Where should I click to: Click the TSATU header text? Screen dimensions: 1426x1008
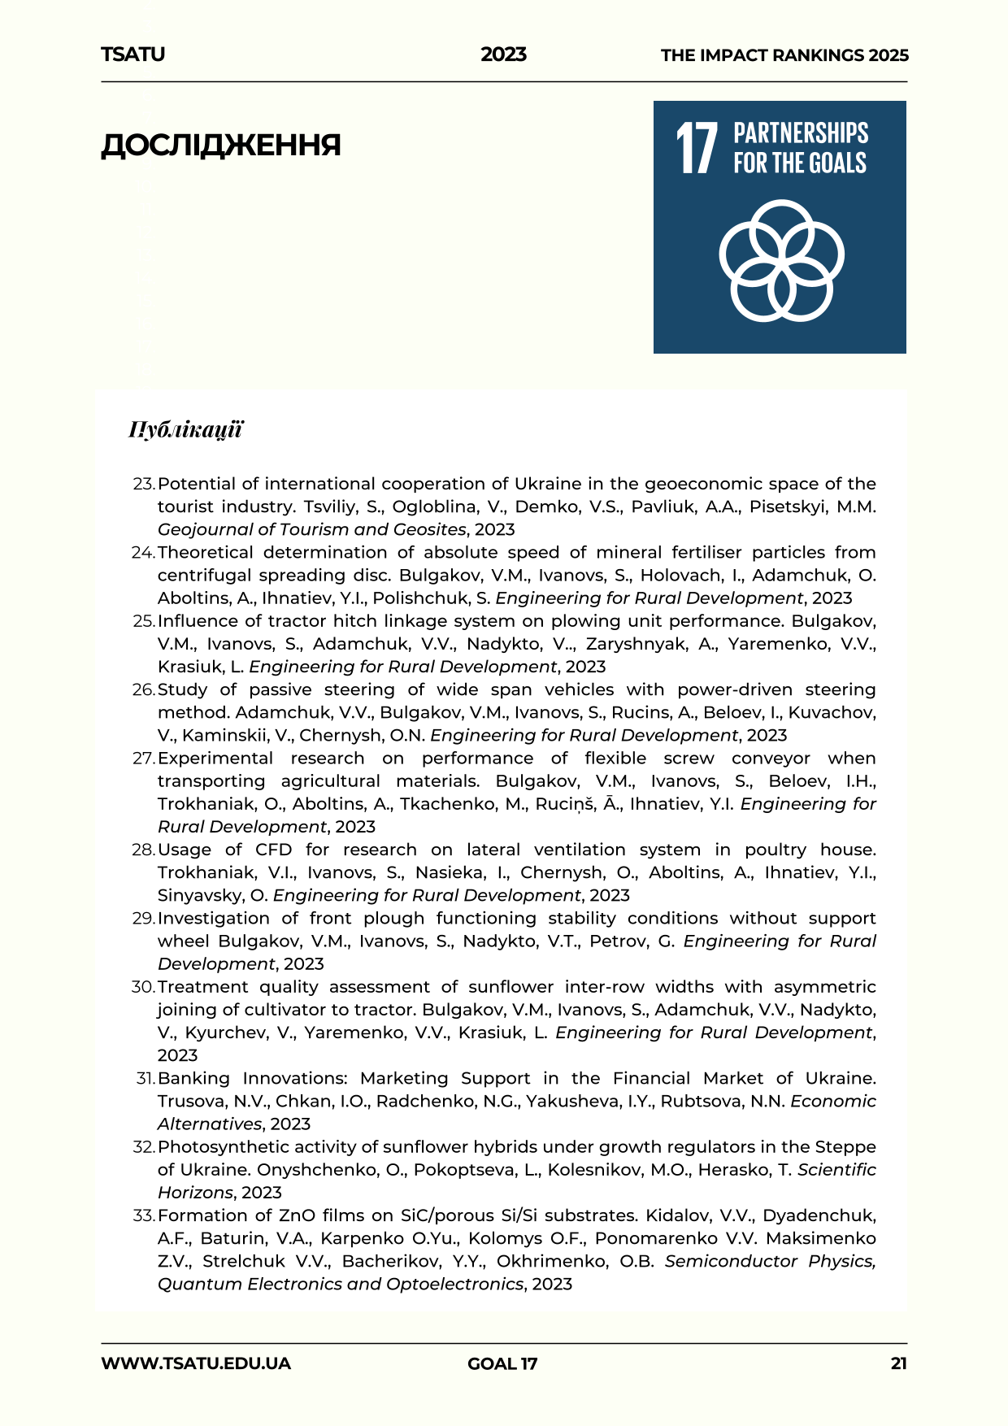[x=133, y=54]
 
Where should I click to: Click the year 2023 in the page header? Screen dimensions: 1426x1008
[x=503, y=54]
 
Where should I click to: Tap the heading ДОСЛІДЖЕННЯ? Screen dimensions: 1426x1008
[x=220, y=146]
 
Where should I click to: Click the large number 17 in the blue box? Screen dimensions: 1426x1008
[x=697, y=148]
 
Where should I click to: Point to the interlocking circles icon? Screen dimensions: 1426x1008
[x=781, y=260]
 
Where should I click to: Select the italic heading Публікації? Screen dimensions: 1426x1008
[x=185, y=429]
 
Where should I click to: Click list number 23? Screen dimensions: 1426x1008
[x=143, y=484]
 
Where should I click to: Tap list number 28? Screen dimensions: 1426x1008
[x=143, y=850]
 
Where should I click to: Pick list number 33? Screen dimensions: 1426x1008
[x=143, y=1215]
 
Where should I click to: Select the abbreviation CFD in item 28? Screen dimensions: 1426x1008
[x=274, y=850]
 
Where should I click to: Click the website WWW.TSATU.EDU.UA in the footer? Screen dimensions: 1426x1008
[x=196, y=1363]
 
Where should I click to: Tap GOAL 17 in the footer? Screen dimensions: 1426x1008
[x=502, y=1363]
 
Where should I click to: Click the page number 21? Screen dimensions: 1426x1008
[x=898, y=1363]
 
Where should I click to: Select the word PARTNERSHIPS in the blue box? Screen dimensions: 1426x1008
[x=801, y=133]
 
